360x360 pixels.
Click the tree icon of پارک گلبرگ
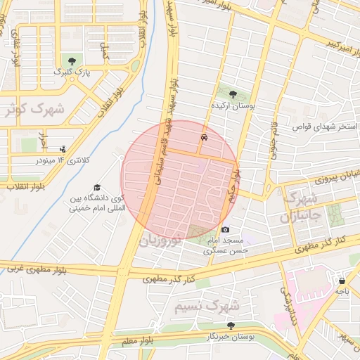pos(70,61)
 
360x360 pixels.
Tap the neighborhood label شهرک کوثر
pos(34,109)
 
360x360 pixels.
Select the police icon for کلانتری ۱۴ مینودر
pos(63,148)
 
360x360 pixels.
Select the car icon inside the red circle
pos(204,138)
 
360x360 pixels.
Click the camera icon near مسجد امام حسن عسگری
pos(225,229)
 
